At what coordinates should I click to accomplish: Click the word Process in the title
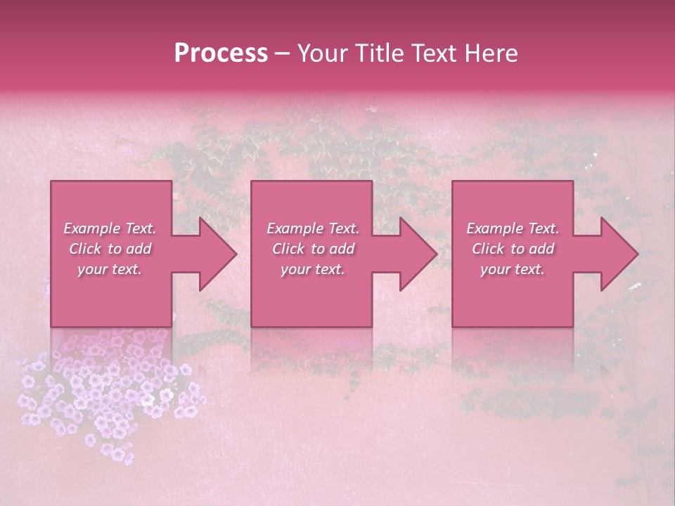click(221, 53)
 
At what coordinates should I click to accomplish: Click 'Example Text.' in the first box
click(110, 228)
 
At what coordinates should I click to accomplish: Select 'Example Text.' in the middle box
click(313, 228)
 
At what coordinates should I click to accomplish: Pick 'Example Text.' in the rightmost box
click(513, 228)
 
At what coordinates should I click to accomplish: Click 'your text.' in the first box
click(110, 269)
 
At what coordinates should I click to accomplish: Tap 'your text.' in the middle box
click(313, 269)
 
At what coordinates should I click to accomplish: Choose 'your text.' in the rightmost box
click(513, 269)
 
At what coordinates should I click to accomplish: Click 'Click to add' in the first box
click(110, 249)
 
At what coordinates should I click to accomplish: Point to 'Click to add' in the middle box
click(313, 249)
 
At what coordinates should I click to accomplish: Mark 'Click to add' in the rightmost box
click(513, 249)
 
